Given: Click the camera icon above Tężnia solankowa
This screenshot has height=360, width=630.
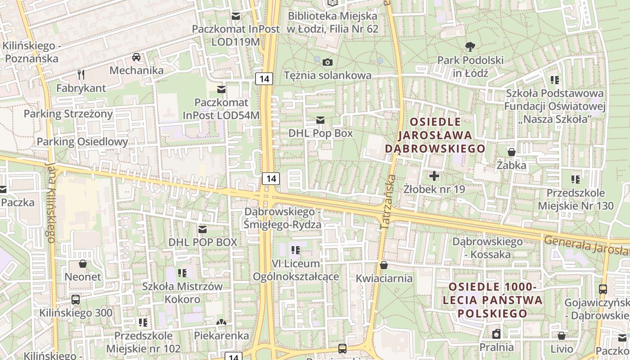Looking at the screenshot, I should coord(328,62).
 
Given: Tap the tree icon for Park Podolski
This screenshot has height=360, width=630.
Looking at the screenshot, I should coord(470,46).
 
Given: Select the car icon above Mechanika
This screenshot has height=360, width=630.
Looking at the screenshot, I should coord(136,57).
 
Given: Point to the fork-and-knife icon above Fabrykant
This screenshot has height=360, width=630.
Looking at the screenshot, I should coord(81,74).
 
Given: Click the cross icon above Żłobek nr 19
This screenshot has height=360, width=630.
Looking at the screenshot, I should coord(434,176).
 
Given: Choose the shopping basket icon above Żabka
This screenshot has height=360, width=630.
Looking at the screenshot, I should coord(512,152).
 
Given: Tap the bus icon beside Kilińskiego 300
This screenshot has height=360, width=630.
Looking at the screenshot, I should coord(76,299).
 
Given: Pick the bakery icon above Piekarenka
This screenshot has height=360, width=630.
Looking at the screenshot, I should coord(221,322).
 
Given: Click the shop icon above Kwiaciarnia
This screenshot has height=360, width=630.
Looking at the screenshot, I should coord(383,265).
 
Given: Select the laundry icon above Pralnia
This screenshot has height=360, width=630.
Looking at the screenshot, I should coord(496,334).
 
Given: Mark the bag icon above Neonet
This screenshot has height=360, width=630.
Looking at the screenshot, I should coord(83,263).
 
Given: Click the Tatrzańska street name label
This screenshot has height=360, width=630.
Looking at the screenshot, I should coord(388,203).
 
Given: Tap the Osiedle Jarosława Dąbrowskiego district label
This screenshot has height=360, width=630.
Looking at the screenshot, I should coord(435,135).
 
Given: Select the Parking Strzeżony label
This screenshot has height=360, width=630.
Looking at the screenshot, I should coord(68,114).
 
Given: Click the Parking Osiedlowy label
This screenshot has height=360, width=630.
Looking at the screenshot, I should coord(82,142).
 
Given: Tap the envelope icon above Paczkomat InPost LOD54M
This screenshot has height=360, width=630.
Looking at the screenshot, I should coord(221,89).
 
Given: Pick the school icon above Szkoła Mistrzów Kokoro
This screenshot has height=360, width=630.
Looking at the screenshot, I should coord(182,273).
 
